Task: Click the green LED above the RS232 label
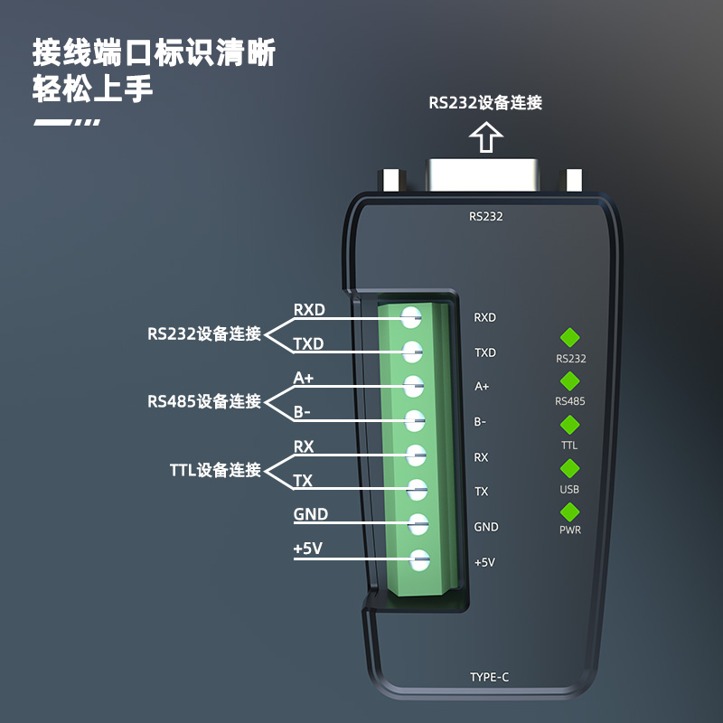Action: tap(570, 338)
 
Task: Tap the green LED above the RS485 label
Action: tap(570, 381)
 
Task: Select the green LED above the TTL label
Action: tap(570, 425)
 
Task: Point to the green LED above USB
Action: tap(570, 468)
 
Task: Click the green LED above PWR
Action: tap(570, 512)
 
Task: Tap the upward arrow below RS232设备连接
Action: tap(486, 136)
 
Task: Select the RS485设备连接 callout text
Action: tap(204, 401)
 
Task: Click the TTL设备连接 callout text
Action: tap(215, 470)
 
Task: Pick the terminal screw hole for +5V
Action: tap(418, 560)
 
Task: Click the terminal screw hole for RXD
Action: tap(411, 317)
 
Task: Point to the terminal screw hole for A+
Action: tap(413, 386)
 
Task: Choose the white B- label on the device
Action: tap(481, 421)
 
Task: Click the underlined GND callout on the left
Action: tap(310, 515)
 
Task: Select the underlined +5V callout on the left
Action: tap(308, 549)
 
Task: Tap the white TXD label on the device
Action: tap(485, 352)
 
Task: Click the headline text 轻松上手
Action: tap(92, 90)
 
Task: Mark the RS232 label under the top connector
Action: tap(486, 216)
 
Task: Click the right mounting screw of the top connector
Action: tap(573, 180)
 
